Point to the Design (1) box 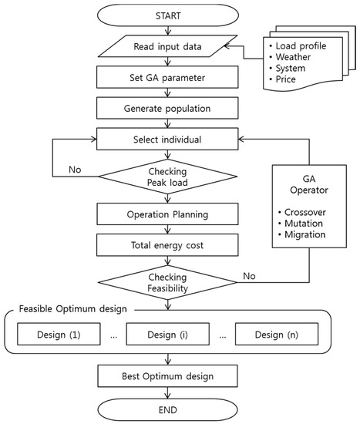pos(59,335)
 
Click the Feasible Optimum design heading pos(72,308)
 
